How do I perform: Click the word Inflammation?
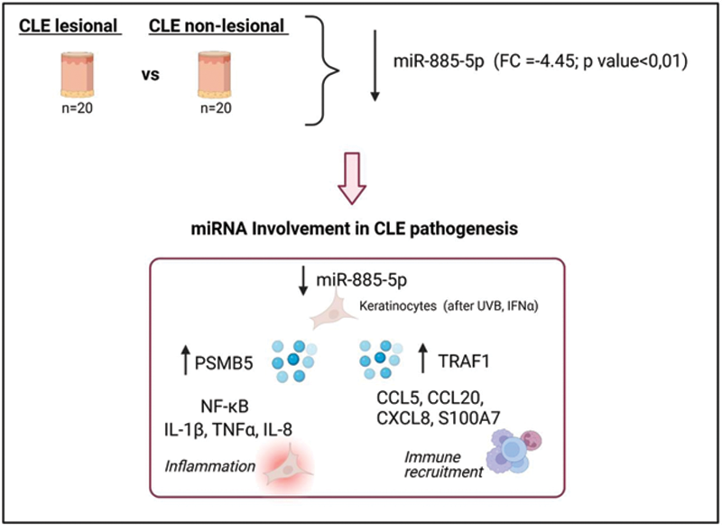coord(208,465)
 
